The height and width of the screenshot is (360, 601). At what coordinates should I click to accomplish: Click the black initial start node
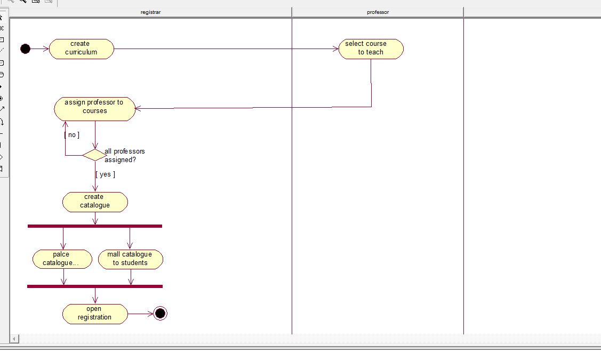click(x=25, y=49)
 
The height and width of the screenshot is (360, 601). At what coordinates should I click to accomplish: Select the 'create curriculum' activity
click(x=81, y=49)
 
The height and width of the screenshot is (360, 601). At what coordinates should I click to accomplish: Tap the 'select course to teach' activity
click(x=371, y=49)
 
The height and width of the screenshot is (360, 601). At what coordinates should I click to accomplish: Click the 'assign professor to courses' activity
click(x=95, y=109)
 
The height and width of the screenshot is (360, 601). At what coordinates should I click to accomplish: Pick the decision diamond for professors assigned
click(x=94, y=155)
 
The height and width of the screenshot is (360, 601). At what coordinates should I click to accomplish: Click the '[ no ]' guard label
click(x=71, y=135)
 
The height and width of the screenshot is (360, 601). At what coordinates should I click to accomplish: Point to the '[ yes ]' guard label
click(x=106, y=174)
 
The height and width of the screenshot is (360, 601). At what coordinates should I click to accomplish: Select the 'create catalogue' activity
click(x=95, y=202)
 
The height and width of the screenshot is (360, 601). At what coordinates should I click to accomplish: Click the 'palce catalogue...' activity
click(x=62, y=259)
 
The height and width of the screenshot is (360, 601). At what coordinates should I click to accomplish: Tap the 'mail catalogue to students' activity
click(x=130, y=259)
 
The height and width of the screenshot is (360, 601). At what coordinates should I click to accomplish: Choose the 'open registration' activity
click(x=95, y=314)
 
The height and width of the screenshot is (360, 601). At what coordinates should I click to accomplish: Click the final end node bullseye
click(x=160, y=314)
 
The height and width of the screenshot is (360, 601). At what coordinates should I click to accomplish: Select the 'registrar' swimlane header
click(x=150, y=12)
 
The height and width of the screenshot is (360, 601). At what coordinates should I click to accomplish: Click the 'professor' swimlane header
click(x=378, y=12)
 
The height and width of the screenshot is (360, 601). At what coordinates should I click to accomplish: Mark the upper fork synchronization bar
click(x=95, y=226)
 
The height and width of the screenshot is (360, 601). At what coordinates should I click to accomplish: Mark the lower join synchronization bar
click(x=95, y=286)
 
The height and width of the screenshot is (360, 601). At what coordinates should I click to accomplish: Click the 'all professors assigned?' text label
click(x=125, y=156)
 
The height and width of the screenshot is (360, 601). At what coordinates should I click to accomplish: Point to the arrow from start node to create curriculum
click(x=40, y=49)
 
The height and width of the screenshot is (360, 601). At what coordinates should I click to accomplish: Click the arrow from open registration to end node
click(x=141, y=314)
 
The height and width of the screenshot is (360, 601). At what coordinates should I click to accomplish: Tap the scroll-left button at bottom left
click(x=14, y=339)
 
